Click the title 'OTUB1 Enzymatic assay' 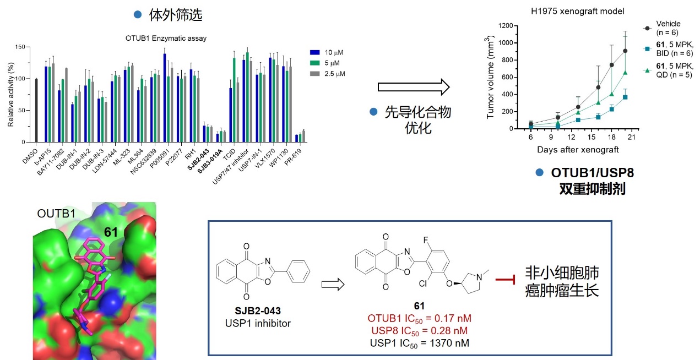159,38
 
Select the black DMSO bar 36,110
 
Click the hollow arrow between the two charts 414,87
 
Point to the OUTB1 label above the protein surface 56,212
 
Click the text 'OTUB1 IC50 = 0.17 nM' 419,318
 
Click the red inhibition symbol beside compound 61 505,281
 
